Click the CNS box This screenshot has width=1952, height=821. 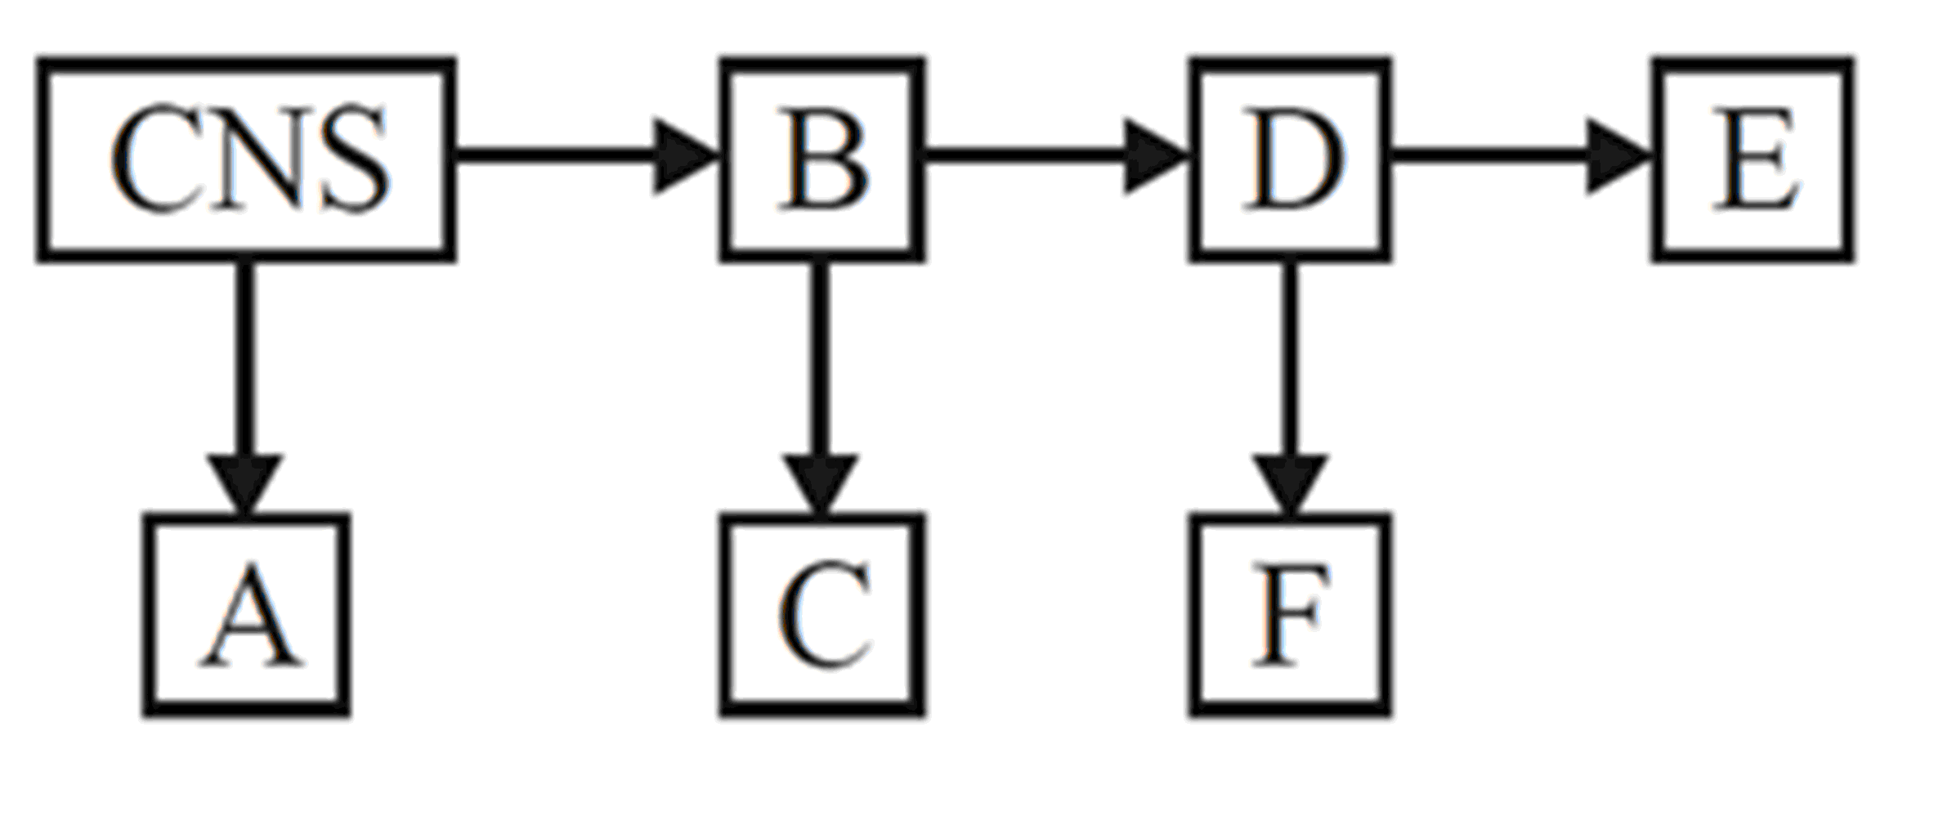pos(245,159)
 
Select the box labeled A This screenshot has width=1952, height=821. pos(247,615)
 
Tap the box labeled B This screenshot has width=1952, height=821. pos(822,159)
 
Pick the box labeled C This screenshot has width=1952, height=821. pos(822,615)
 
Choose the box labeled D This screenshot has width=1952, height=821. pos(1291,159)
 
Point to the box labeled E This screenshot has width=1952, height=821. pos(1753,159)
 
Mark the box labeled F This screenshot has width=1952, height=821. pos(1291,615)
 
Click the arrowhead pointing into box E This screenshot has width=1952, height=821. pos(1614,156)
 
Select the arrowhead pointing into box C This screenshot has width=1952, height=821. pos(821,482)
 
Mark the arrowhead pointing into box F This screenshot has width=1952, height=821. pos(1290,482)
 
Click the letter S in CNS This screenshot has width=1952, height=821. pos(353,159)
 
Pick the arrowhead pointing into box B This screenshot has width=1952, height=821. pos(683,156)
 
